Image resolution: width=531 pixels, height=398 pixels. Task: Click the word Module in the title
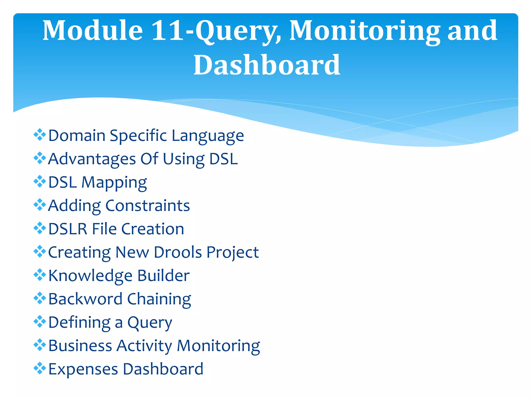93,31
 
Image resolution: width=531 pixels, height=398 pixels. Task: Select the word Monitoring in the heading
365,31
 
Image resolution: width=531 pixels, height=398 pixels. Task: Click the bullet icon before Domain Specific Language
40,135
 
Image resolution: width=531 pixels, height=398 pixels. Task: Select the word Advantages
92,159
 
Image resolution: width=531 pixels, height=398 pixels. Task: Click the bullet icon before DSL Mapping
40,181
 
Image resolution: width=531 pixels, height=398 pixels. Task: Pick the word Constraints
148,206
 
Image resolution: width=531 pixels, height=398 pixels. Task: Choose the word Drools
178,252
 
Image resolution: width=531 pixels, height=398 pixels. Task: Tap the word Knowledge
90,276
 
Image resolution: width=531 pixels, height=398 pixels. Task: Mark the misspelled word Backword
85,299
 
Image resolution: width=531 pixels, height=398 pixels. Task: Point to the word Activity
144,346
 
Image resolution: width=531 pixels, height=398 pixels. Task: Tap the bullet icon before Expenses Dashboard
40,368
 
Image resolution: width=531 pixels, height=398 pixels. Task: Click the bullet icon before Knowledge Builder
40,275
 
